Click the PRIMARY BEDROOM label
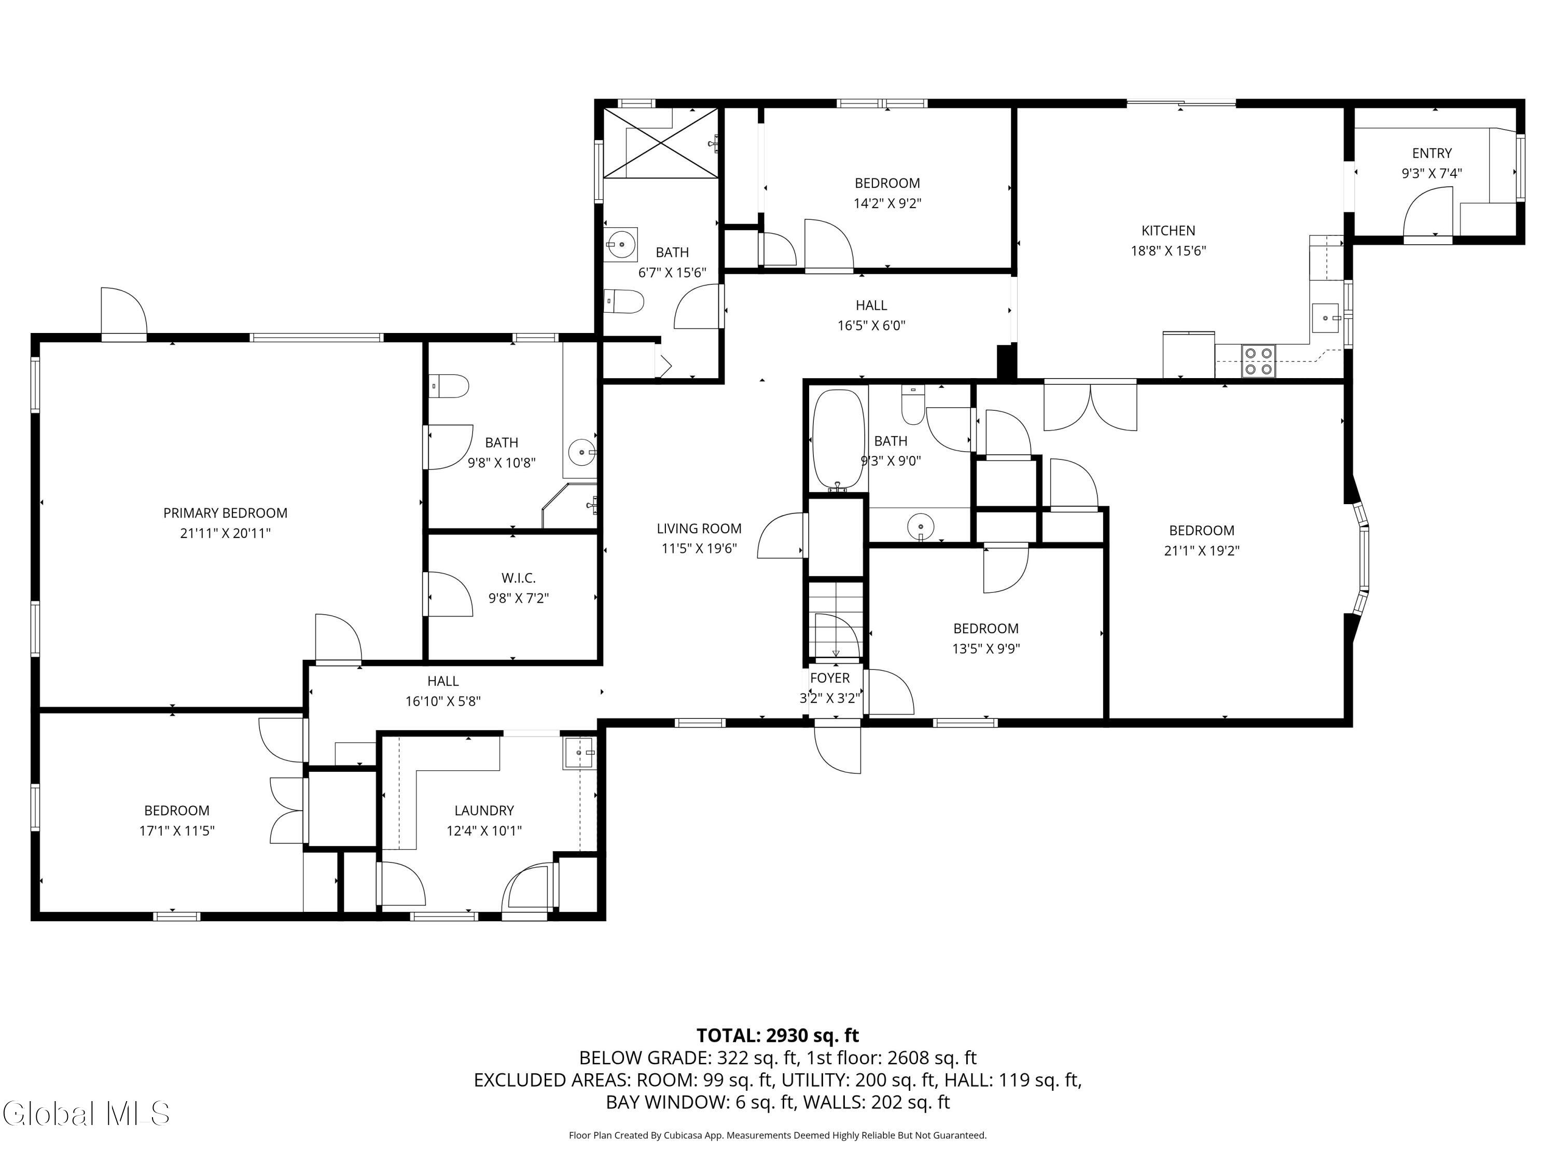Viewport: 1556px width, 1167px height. point(225,513)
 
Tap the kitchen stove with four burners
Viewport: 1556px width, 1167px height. point(1258,361)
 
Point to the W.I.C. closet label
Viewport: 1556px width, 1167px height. point(519,577)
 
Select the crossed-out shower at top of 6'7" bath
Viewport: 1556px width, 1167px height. point(661,143)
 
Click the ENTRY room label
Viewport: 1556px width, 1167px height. point(1432,152)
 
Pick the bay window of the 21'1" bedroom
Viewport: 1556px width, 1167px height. point(1363,558)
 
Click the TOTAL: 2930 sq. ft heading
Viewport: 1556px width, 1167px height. point(777,1035)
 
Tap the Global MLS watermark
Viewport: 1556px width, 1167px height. point(86,1114)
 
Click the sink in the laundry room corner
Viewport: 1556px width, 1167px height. point(579,753)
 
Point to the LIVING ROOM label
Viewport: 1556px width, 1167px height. point(699,529)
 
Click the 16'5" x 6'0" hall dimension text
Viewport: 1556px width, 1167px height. point(871,326)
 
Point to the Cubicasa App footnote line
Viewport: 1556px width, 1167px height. point(777,1135)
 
